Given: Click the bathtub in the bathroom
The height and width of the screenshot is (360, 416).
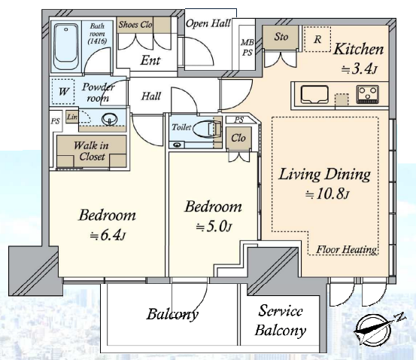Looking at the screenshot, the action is point(66,47).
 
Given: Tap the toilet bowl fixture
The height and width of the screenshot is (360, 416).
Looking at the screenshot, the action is point(207,129).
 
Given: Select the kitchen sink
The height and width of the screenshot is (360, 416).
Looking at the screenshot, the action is point(314,95).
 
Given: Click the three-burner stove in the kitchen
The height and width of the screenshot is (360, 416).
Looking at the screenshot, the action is point(367,94).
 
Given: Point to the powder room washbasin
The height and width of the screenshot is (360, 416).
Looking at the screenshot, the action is point(109,119).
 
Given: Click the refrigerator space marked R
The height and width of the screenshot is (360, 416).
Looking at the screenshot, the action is point(317,39).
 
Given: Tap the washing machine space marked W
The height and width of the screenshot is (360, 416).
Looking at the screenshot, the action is point(63,91).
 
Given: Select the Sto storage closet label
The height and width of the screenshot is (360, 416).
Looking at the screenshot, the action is point(281,37).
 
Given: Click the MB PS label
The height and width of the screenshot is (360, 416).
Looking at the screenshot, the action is point(247,47).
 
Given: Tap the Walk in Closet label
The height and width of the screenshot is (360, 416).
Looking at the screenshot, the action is point(92,151).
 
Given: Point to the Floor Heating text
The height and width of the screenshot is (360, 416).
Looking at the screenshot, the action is point(346,249).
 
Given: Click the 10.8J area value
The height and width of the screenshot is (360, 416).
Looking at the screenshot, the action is point(327,194).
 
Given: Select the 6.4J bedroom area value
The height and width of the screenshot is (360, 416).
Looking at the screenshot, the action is point(107,235).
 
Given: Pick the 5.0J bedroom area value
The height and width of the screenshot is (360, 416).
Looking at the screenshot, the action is point(214,227).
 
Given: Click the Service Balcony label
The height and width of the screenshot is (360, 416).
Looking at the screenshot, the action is point(281,320).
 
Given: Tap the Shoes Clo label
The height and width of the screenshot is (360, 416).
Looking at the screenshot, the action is point(135,25).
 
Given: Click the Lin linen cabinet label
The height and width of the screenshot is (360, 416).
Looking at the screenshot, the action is point(72,117).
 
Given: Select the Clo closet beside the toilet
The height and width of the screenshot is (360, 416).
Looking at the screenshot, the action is point(238,138).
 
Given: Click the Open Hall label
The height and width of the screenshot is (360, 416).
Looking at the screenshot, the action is point(208,23).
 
